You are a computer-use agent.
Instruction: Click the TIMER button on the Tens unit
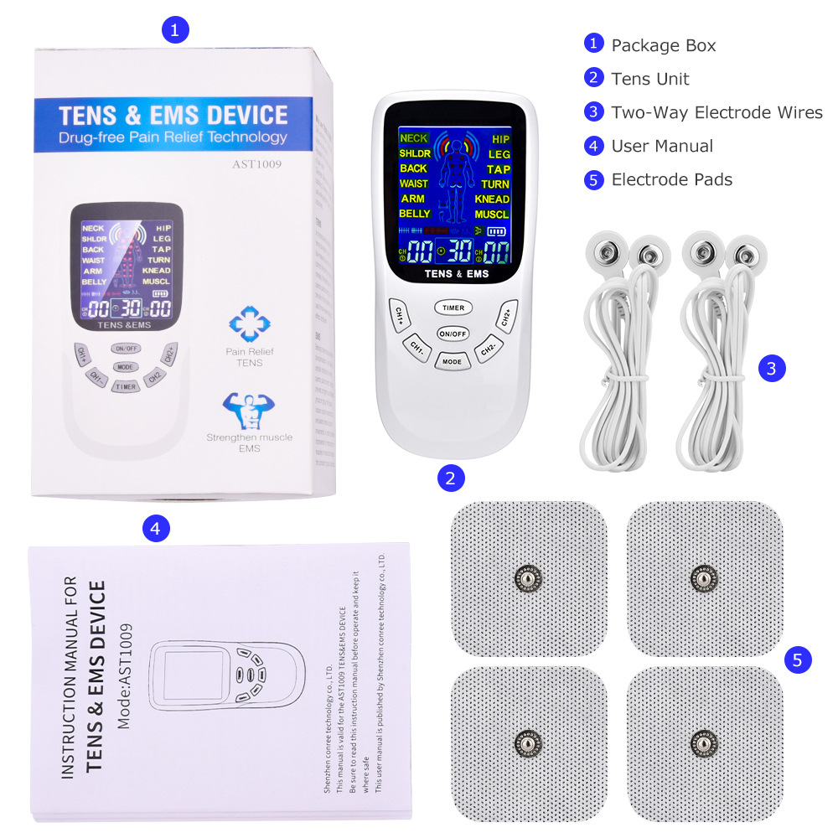tap(453, 308)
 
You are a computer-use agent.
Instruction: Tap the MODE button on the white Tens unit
tap(453, 361)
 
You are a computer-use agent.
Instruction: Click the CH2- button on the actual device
tap(489, 350)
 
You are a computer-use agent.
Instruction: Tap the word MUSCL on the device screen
tap(492, 215)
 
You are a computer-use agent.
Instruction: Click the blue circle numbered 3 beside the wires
tap(772, 367)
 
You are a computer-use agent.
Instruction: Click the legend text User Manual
tap(662, 146)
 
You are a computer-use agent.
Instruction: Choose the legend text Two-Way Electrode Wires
tap(716, 112)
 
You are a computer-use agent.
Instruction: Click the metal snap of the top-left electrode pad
tap(528, 577)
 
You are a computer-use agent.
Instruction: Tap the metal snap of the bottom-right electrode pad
tap(704, 742)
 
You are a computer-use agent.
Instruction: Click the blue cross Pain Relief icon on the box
tap(249, 323)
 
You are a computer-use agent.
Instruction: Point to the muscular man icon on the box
tap(249, 410)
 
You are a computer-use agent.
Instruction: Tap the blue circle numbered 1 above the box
tap(174, 30)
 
